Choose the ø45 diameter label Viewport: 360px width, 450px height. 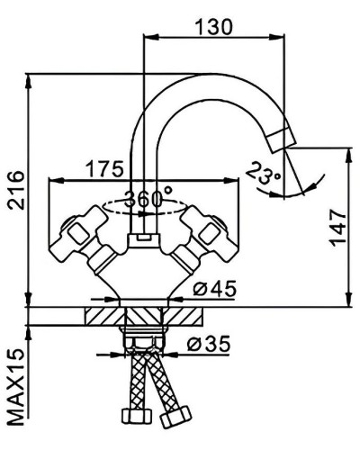click(214, 288)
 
